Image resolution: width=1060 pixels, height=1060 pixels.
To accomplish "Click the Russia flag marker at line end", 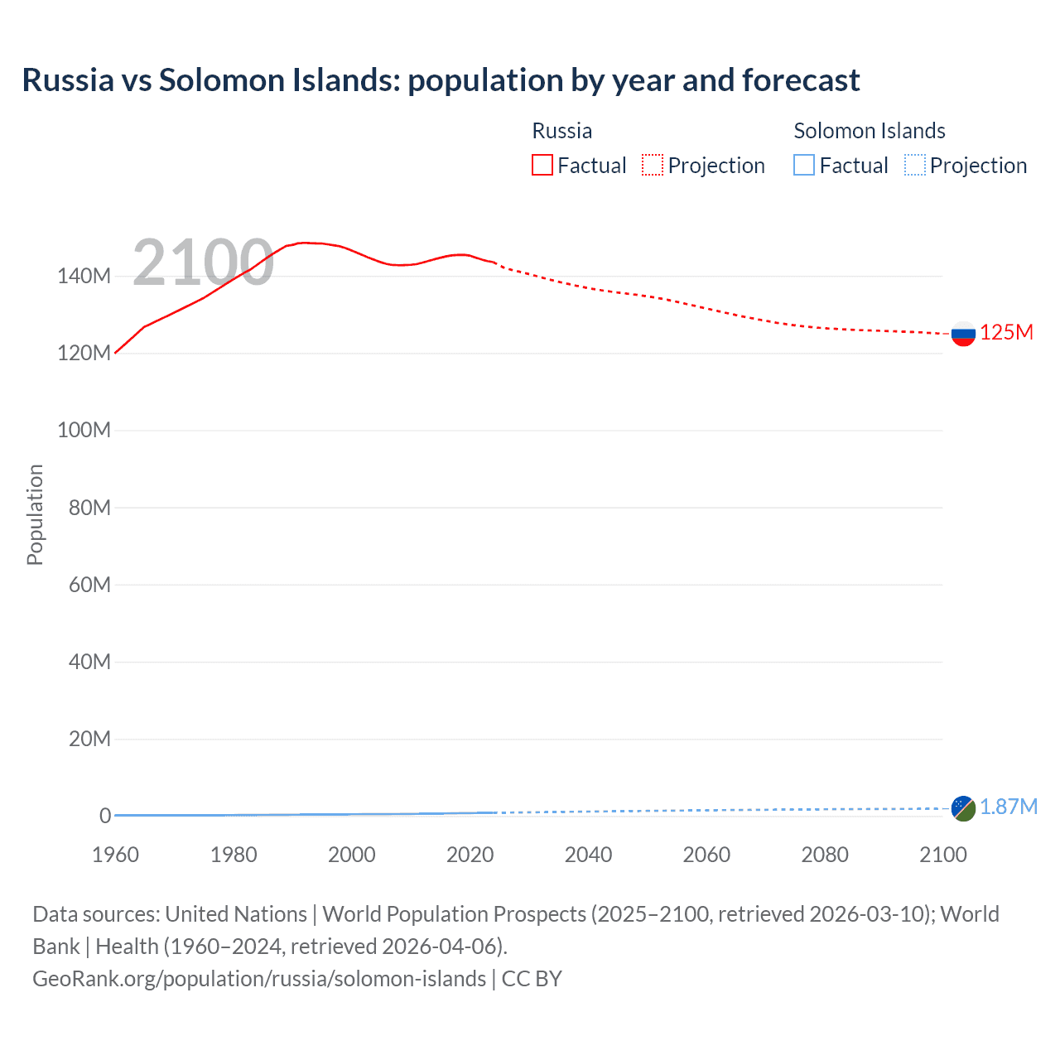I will point(963,334).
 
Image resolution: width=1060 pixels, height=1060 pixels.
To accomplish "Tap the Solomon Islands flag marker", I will point(963,808).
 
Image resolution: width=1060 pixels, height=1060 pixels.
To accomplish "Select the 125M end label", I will point(1006,333).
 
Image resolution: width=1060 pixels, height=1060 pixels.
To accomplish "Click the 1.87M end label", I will point(1009,807).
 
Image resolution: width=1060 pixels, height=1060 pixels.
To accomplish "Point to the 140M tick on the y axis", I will point(84,277).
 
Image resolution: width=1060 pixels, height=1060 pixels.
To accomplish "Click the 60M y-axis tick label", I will point(89,585).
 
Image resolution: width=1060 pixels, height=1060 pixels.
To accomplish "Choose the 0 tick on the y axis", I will point(105,817).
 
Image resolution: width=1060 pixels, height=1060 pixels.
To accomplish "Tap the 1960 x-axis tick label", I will point(115,855).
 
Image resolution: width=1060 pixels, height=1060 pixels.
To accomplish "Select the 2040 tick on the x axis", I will point(588,855).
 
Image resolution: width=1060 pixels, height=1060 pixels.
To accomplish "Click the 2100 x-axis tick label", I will point(942,855).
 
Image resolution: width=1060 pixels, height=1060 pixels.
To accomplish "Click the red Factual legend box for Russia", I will point(542,166).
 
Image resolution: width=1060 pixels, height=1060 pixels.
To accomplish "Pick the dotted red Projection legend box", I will point(653,166).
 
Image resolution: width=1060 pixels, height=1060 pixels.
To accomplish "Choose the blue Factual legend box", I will point(804,166).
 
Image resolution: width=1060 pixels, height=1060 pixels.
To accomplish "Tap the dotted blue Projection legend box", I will point(915,166).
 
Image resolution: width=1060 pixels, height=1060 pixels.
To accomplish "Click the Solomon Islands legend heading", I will point(870,131).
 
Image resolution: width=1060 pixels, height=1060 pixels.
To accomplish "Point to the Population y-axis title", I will point(35,514).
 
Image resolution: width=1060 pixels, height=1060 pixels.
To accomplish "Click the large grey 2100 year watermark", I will point(203,263).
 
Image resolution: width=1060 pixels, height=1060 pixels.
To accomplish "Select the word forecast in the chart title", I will point(801,80).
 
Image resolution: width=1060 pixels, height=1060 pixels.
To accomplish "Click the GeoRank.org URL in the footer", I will point(259,979).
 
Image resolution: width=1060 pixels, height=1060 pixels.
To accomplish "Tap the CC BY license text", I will point(532,979).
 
